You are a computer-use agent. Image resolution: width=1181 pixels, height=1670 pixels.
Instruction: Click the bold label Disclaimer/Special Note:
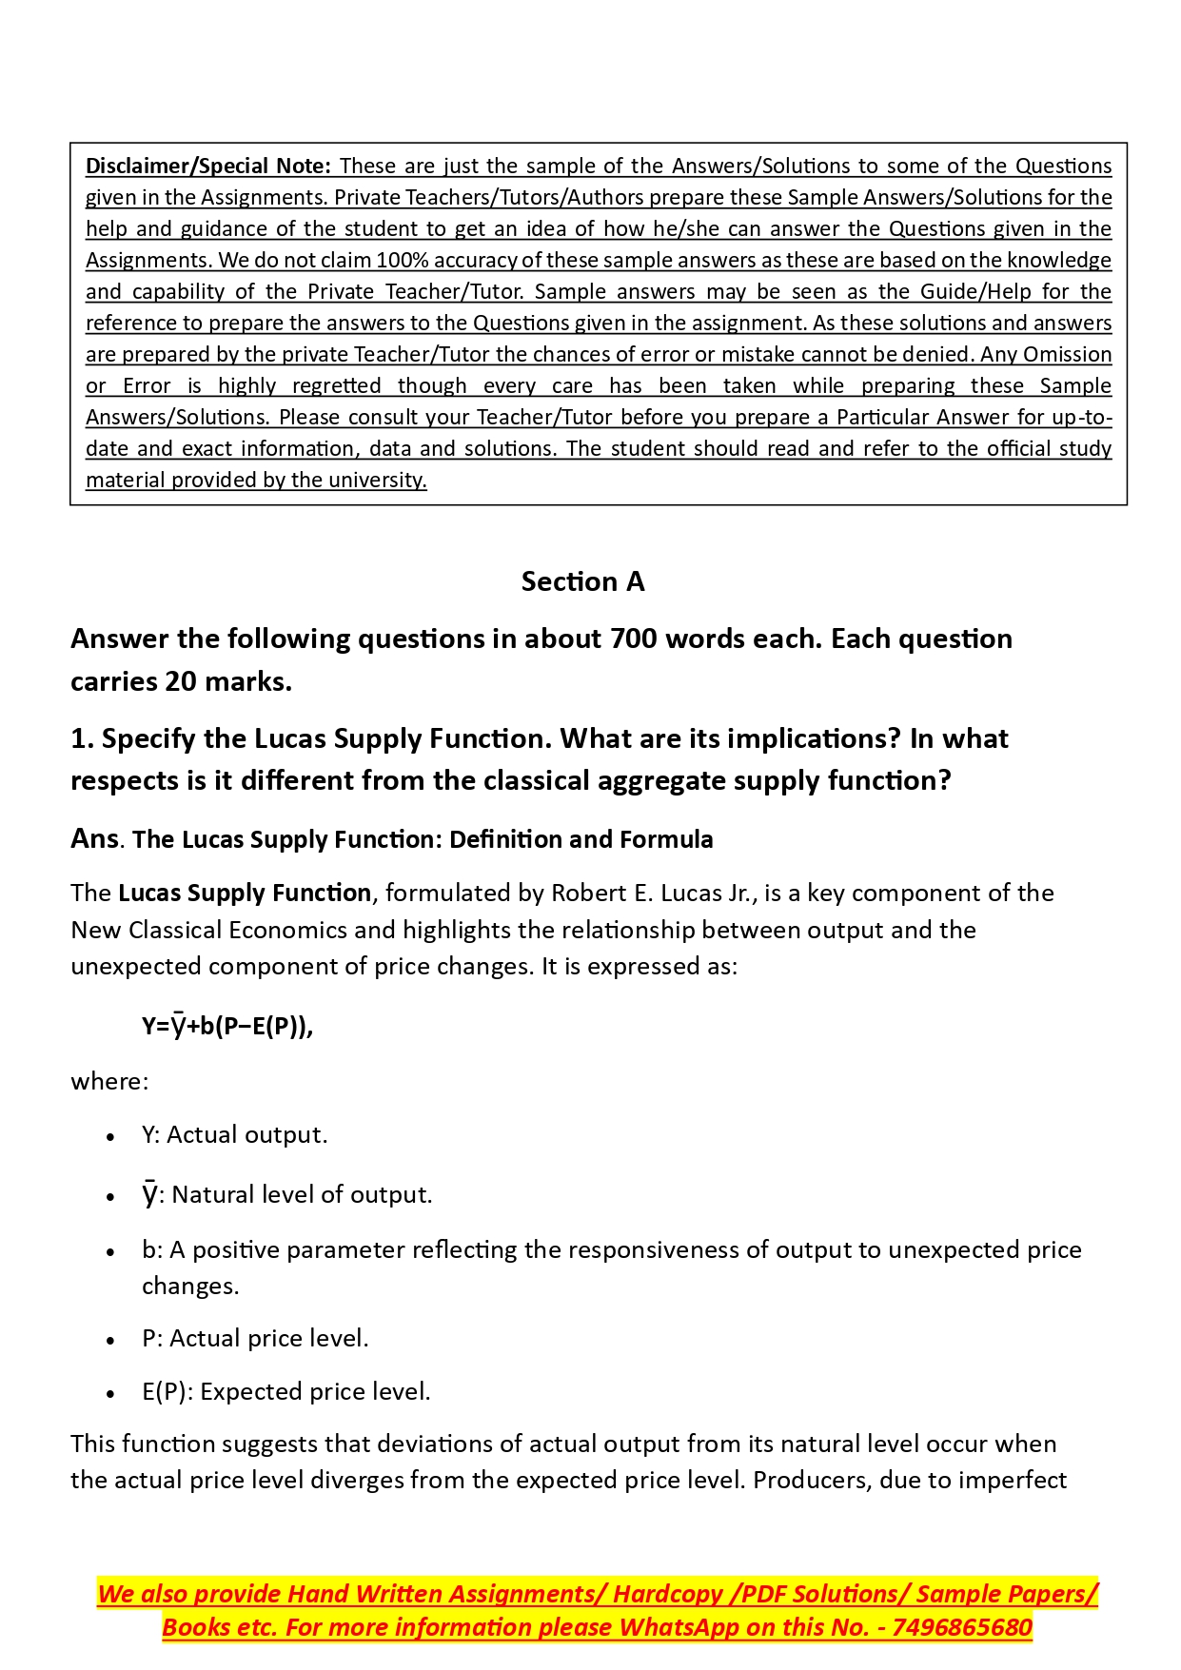[x=207, y=166]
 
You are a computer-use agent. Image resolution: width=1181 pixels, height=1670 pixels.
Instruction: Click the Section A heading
[x=582, y=581]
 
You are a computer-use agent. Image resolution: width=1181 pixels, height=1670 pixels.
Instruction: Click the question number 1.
[x=80, y=738]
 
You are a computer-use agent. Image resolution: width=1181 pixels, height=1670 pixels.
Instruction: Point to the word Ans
[x=94, y=838]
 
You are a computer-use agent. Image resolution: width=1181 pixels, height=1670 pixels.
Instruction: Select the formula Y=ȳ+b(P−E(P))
[x=226, y=1026]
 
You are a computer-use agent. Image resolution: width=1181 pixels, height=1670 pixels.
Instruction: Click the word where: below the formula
[x=109, y=1081]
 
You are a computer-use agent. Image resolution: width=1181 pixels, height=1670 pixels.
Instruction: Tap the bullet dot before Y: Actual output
[x=111, y=1136]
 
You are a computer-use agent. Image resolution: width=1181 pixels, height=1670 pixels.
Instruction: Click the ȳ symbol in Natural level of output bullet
[x=149, y=1194]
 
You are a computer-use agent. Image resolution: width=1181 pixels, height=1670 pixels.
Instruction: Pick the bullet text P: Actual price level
[x=255, y=1338]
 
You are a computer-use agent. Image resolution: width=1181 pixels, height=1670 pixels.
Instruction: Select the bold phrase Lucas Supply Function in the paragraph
[x=245, y=893]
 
